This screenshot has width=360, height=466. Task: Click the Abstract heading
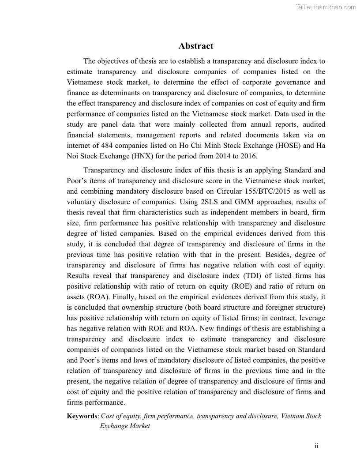196,46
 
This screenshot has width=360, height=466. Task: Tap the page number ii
316,446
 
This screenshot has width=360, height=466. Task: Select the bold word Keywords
82,416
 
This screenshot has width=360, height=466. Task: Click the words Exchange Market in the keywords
125,426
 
